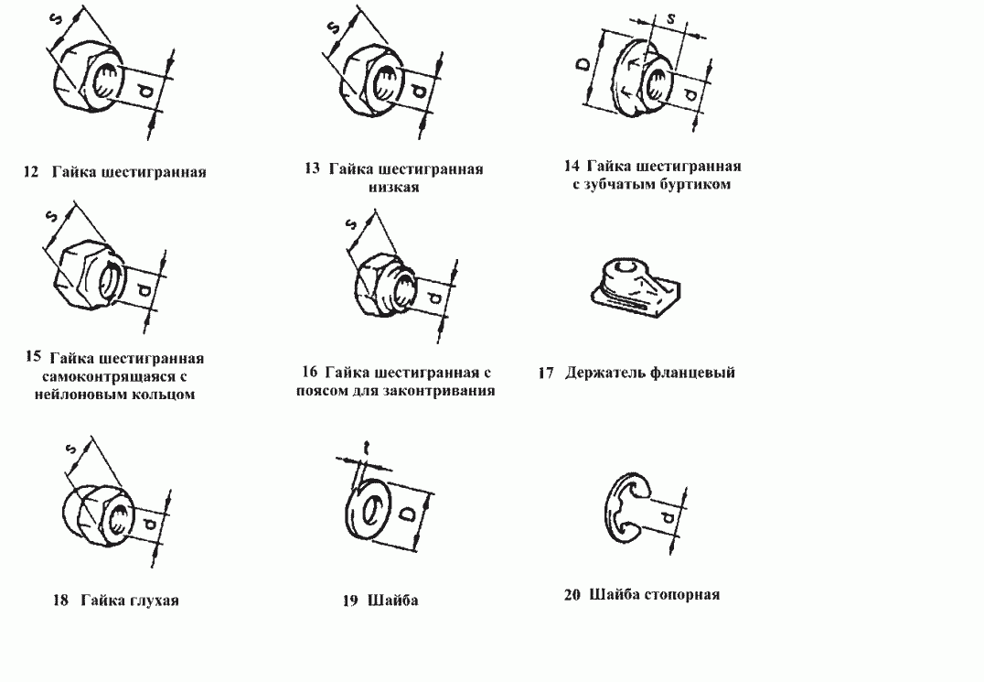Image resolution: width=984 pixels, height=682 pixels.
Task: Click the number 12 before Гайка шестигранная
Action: click(30, 171)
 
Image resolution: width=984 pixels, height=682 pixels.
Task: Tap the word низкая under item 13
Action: click(394, 187)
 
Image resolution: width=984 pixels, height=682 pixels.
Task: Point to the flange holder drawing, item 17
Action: click(631, 285)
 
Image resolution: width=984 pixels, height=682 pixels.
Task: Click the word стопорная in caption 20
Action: click(684, 594)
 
